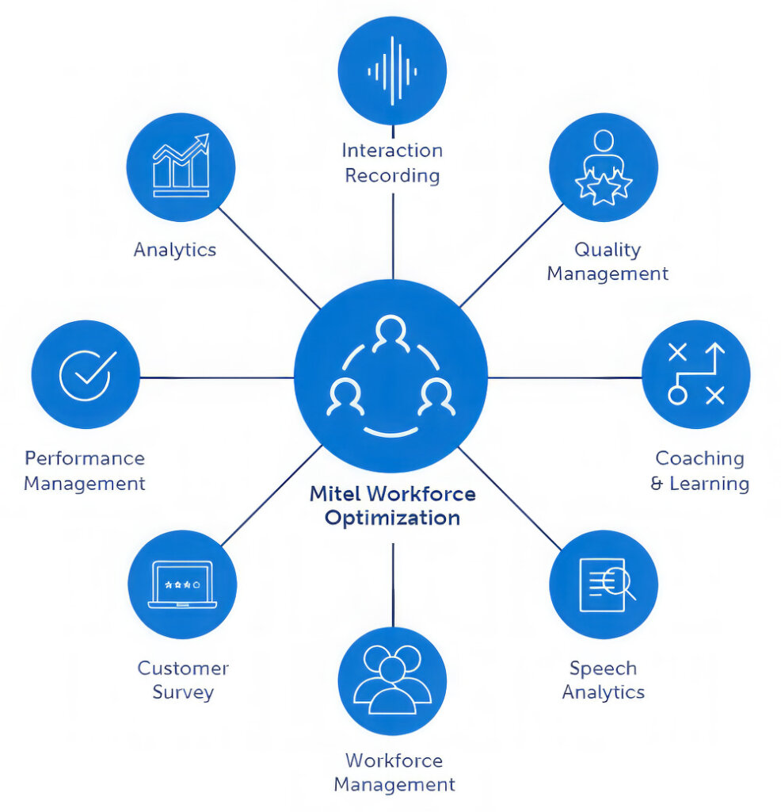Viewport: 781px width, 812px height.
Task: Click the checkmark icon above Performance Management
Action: pyautogui.click(x=86, y=374)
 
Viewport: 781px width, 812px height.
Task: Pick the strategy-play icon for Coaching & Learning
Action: pyautogui.click(x=695, y=374)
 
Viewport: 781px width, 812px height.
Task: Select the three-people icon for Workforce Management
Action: pyautogui.click(x=392, y=680)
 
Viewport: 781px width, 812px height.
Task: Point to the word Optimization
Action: pyautogui.click(x=392, y=519)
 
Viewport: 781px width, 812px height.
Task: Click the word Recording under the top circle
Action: pyautogui.click(x=392, y=175)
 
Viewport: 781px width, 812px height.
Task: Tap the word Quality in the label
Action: pyautogui.click(x=607, y=250)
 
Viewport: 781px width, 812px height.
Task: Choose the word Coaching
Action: pyautogui.click(x=699, y=458)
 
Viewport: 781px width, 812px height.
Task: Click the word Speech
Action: pyautogui.click(x=603, y=668)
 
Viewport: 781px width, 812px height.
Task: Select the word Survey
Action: pyautogui.click(x=183, y=691)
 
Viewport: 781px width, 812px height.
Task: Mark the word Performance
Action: pyautogui.click(x=85, y=458)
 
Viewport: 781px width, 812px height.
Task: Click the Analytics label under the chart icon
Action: pyautogui.click(x=174, y=250)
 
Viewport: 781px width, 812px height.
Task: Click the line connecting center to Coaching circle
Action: pyautogui.click(x=564, y=377)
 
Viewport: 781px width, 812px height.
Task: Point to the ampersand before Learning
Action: pyautogui.click(x=657, y=484)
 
